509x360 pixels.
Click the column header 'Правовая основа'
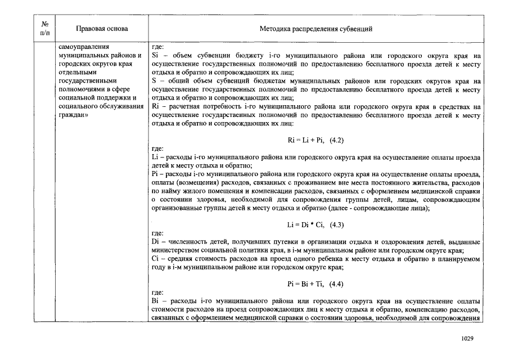(x=102, y=29)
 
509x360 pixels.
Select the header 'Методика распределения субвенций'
(x=316, y=29)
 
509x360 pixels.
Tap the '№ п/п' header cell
(x=45, y=29)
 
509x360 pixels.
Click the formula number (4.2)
(x=336, y=139)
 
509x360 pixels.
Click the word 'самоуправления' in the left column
(x=84, y=48)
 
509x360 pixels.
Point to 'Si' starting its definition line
(x=156, y=56)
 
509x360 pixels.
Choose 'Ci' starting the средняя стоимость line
(x=156, y=259)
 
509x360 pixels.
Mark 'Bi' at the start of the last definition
(x=156, y=301)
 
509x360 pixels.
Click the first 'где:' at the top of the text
(x=158, y=48)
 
